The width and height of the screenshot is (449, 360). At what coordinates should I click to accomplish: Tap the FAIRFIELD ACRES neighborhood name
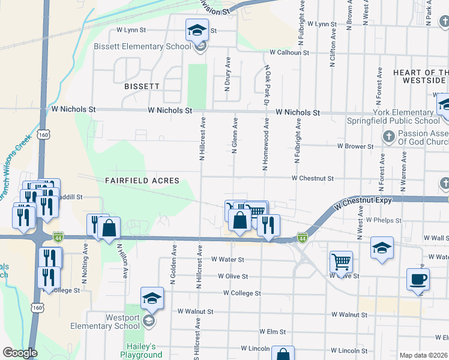click(x=142, y=180)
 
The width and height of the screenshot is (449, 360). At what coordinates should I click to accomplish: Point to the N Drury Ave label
click(x=228, y=74)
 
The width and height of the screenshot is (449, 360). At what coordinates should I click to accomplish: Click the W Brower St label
click(x=355, y=146)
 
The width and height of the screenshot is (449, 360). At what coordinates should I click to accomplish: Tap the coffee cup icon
click(x=418, y=279)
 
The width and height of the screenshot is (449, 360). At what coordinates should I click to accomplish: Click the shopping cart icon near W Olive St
click(x=341, y=261)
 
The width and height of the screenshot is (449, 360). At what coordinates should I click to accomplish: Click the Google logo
click(x=19, y=353)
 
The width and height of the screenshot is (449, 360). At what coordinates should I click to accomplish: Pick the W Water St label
click(x=228, y=260)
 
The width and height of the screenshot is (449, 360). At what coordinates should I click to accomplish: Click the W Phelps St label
click(x=383, y=221)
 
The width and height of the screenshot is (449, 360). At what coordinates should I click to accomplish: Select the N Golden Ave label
click(x=172, y=265)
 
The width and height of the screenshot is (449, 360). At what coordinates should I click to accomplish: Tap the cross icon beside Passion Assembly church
click(x=388, y=137)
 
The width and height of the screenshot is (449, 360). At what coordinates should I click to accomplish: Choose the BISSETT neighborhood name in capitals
click(x=142, y=86)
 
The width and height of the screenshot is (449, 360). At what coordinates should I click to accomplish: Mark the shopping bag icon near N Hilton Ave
click(x=110, y=228)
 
